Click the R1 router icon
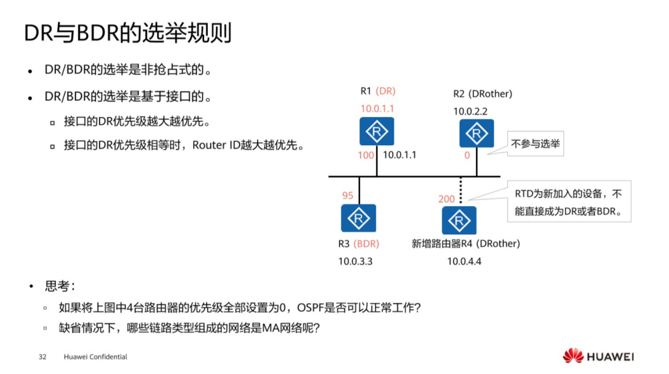(x=376, y=132)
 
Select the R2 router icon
(x=476, y=133)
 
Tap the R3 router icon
(x=358, y=218)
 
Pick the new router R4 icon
(x=459, y=220)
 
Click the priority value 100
(x=366, y=155)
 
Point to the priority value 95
(x=348, y=196)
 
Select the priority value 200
(x=446, y=199)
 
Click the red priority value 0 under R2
(x=467, y=155)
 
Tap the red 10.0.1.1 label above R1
(x=377, y=108)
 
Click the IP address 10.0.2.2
(x=470, y=112)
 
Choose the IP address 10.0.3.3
(x=356, y=261)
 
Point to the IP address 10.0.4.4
(x=464, y=261)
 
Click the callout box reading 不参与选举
(x=535, y=144)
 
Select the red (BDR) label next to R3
(x=367, y=244)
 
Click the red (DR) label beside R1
(x=386, y=91)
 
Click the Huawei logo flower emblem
(x=573, y=356)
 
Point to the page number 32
(x=42, y=357)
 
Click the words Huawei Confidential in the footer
(x=95, y=357)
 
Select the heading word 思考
(x=57, y=287)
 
